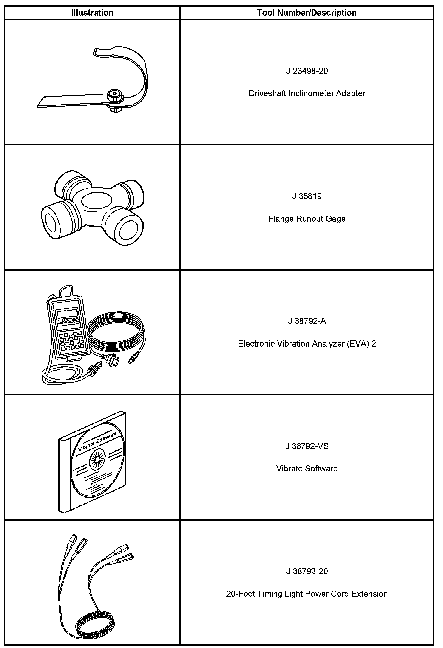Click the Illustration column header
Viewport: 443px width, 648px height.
[x=92, y=13]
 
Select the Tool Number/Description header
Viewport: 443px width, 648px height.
[x=307, y=13]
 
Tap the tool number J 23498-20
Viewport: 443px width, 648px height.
[x=307, y=71]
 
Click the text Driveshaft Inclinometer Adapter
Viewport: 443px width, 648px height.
[x=307, y=93]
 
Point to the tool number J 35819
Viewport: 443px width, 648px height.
[x=307, y=196]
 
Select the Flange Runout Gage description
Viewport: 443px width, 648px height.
[x=307, y=219]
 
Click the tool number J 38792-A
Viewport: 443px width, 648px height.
[x=307, y=321]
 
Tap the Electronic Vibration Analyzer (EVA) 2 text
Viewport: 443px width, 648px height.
[x=307, y=344]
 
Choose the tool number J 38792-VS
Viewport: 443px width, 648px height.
[x=307, y=446]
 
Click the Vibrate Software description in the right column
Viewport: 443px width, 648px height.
[x=307, y=469]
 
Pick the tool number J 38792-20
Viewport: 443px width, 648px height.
[x=307, y=571]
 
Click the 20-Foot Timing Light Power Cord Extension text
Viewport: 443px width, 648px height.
[x=307, y=594]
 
